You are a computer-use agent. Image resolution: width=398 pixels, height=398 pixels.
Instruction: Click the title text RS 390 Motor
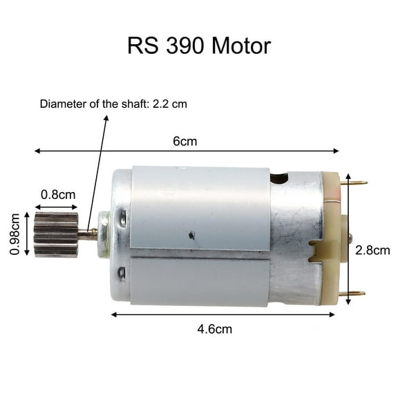coord(199,46)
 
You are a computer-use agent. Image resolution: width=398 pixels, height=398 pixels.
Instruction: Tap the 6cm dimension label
coord(184,142)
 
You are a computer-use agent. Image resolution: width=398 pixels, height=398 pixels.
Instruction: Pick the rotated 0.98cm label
coord(15,235)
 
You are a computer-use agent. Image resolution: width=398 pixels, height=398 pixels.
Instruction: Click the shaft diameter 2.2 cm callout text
coord(113,104)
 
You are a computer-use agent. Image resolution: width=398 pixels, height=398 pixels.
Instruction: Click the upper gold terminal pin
coord(353,183)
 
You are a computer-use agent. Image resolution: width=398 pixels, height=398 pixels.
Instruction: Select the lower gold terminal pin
coord(353,293)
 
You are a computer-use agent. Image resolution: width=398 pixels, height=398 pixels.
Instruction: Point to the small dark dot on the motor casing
coord(191,236)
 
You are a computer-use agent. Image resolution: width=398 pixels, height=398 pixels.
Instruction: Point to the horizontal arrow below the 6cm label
coord(187,151)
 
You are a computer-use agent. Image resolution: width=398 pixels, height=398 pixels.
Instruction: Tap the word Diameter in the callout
coord(59,104)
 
